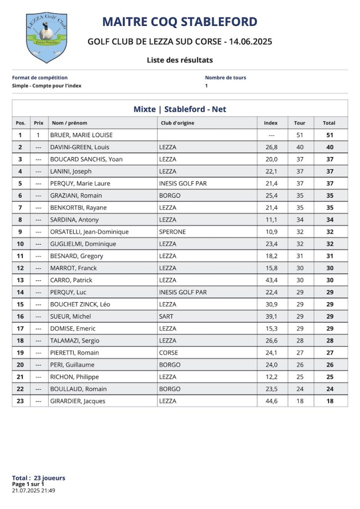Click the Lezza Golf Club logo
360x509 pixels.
(46, 37)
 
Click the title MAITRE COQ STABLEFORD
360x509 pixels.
(180, 22)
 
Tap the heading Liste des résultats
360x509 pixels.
(180, 60)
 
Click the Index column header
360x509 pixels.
(270, 123)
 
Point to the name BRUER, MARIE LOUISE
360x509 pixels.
(82, 135)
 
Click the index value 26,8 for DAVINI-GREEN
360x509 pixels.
(271, 147)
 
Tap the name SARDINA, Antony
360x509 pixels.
(75, 220)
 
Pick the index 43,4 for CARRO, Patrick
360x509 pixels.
(271, 280)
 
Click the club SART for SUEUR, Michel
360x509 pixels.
(166, 317)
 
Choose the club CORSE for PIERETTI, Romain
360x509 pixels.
(168, 353)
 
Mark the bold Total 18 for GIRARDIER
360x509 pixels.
(330, 401)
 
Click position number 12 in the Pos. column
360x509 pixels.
(20, 268)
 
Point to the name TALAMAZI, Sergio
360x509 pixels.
(75, 340)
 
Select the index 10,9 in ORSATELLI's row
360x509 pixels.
(271, 232)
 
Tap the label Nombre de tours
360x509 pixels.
(225, 78)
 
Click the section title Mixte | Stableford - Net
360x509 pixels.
(180, 109)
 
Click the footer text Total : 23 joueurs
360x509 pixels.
(38, 478)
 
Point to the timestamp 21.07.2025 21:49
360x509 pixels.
(33, 490)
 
